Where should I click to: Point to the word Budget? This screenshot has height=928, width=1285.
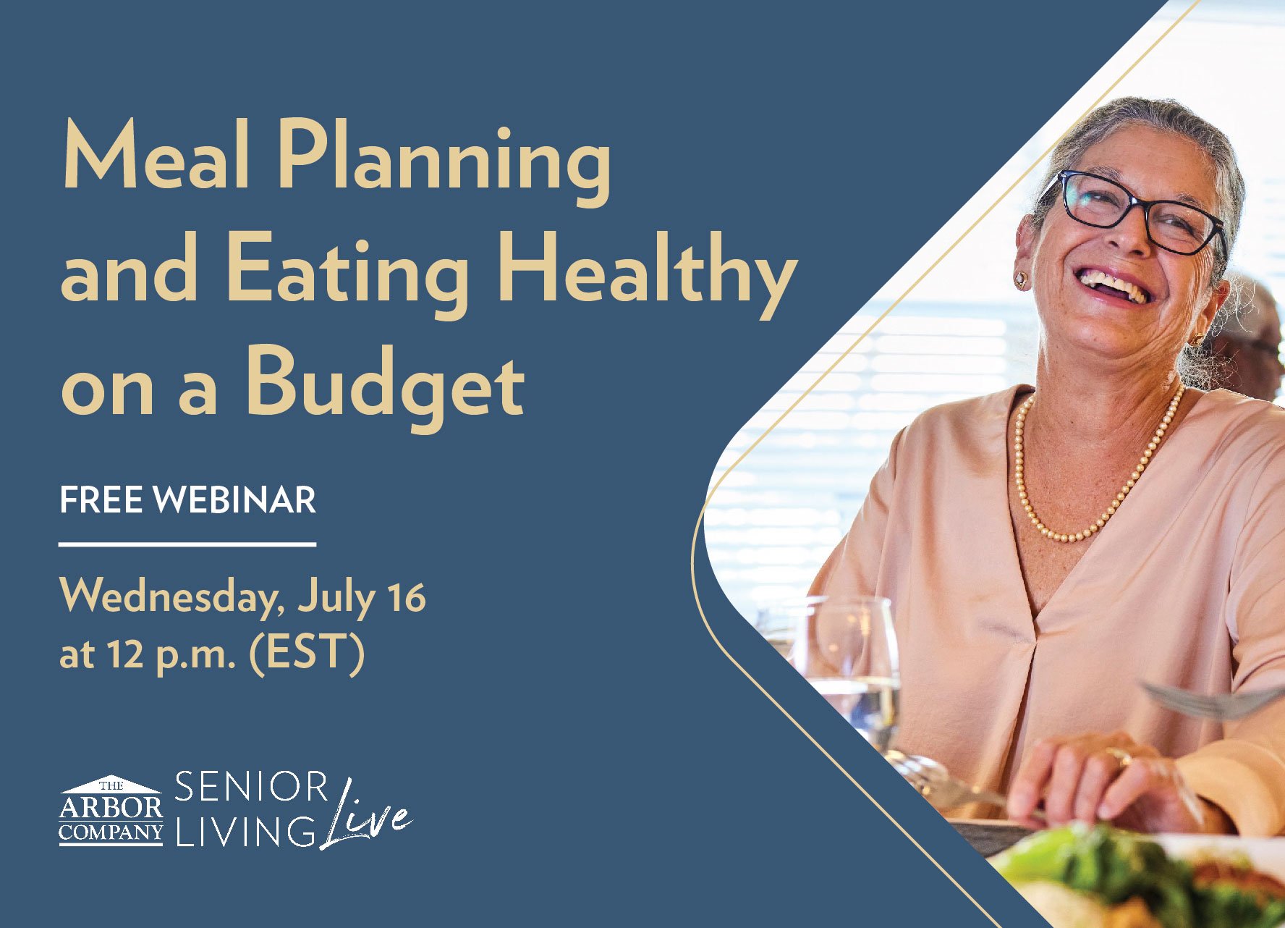384,388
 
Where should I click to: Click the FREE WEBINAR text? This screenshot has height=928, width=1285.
188,500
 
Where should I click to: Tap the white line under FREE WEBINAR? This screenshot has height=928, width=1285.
187,543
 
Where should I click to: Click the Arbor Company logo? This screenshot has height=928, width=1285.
111,810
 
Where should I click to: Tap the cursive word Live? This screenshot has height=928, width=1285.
366,815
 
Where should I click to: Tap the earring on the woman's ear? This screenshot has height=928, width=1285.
1021,279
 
